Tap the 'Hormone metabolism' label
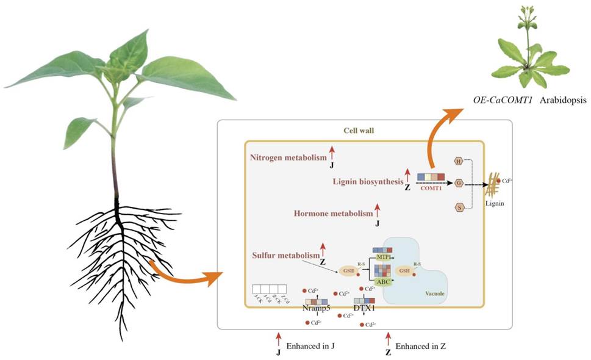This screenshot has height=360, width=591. click(333, 214)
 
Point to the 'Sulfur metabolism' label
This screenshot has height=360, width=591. click(285, 254)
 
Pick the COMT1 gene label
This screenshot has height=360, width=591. click(431, 190)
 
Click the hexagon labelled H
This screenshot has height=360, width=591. click(458, 161)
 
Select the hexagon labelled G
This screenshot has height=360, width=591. click(458, 182)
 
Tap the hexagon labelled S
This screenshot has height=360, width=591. click(458, 208)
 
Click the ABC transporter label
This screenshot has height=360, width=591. click(382, 282)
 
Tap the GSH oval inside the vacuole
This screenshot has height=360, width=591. click(404, 270)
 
